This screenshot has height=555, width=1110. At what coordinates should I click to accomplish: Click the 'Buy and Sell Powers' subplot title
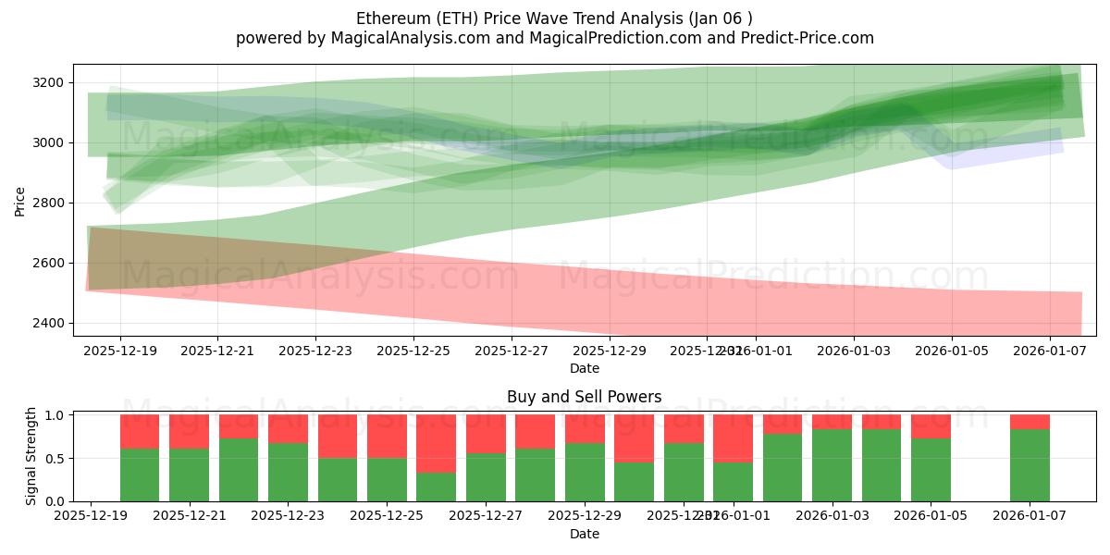tap(584, 397)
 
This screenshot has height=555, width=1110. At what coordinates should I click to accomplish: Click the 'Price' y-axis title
tap(20, 200)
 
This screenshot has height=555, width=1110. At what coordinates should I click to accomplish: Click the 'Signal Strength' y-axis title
tap(31, 457)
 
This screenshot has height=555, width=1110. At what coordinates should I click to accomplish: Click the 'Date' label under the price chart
tap(584, 368)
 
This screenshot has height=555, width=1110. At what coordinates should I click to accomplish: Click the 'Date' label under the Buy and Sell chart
tap(584, 534)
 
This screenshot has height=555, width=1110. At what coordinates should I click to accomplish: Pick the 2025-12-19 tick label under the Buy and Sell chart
tap(91, 516)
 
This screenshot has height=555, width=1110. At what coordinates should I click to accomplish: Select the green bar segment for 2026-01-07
tap(1030, 465)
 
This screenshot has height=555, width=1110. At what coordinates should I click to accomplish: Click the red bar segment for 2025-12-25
tap(387, 436)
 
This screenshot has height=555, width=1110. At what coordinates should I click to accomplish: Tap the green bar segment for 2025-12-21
tap(189, 475)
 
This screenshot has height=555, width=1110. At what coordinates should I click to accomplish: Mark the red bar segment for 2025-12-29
tap(585, 428)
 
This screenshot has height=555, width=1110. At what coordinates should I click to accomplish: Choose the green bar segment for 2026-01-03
tap(832, 465)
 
